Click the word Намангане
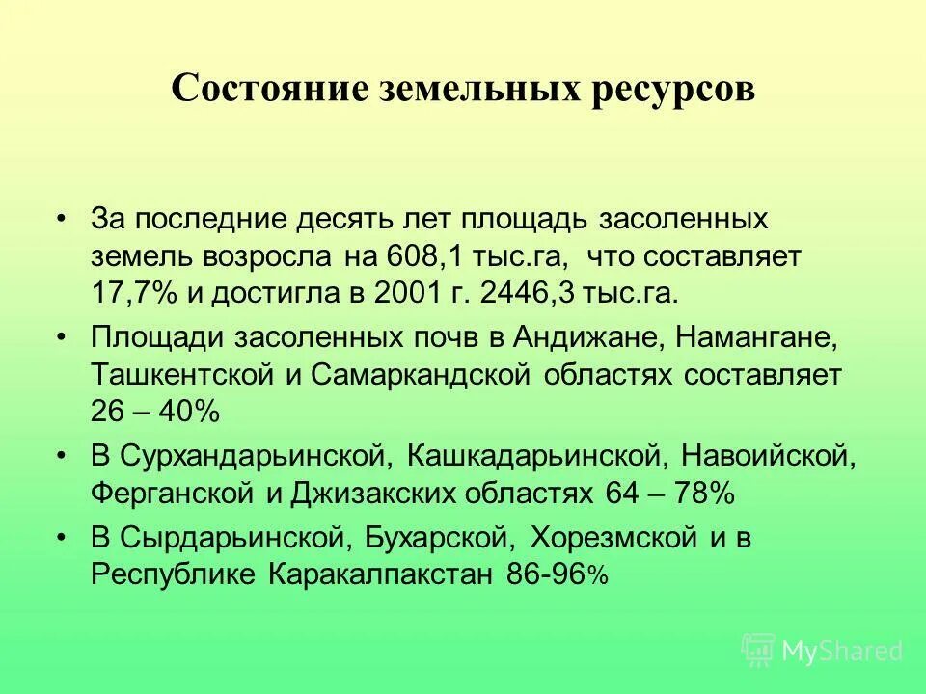(755, 338)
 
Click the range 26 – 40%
(156, 412)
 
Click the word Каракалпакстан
(381, 574)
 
